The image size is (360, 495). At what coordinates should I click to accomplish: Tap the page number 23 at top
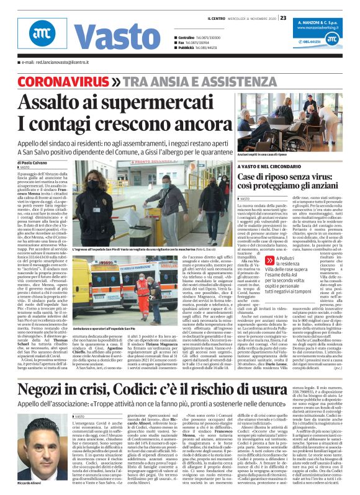pos(283,17)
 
